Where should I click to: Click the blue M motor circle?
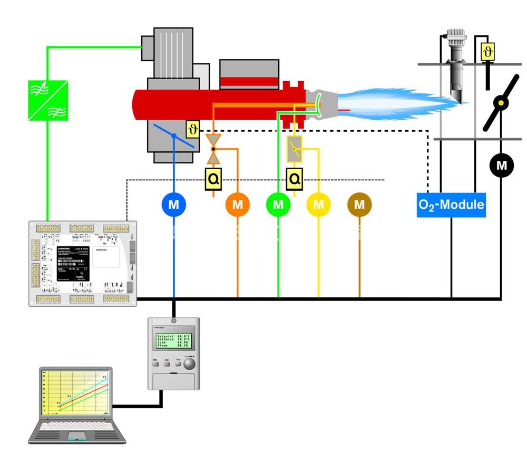(174, 204)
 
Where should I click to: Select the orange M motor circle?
(238, 204)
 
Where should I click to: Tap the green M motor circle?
(278, 204)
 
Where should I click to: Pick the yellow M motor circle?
(318, 204)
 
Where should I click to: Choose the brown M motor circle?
(359, 204)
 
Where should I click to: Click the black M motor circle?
(502, 166)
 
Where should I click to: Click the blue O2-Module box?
(451, 204)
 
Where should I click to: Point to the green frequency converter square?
(48, 100)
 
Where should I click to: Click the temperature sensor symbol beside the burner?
(193, 129)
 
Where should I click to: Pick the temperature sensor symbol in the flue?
(488, 52)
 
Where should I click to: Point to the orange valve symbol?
(213, 148)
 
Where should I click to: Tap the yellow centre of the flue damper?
(501, 103)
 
